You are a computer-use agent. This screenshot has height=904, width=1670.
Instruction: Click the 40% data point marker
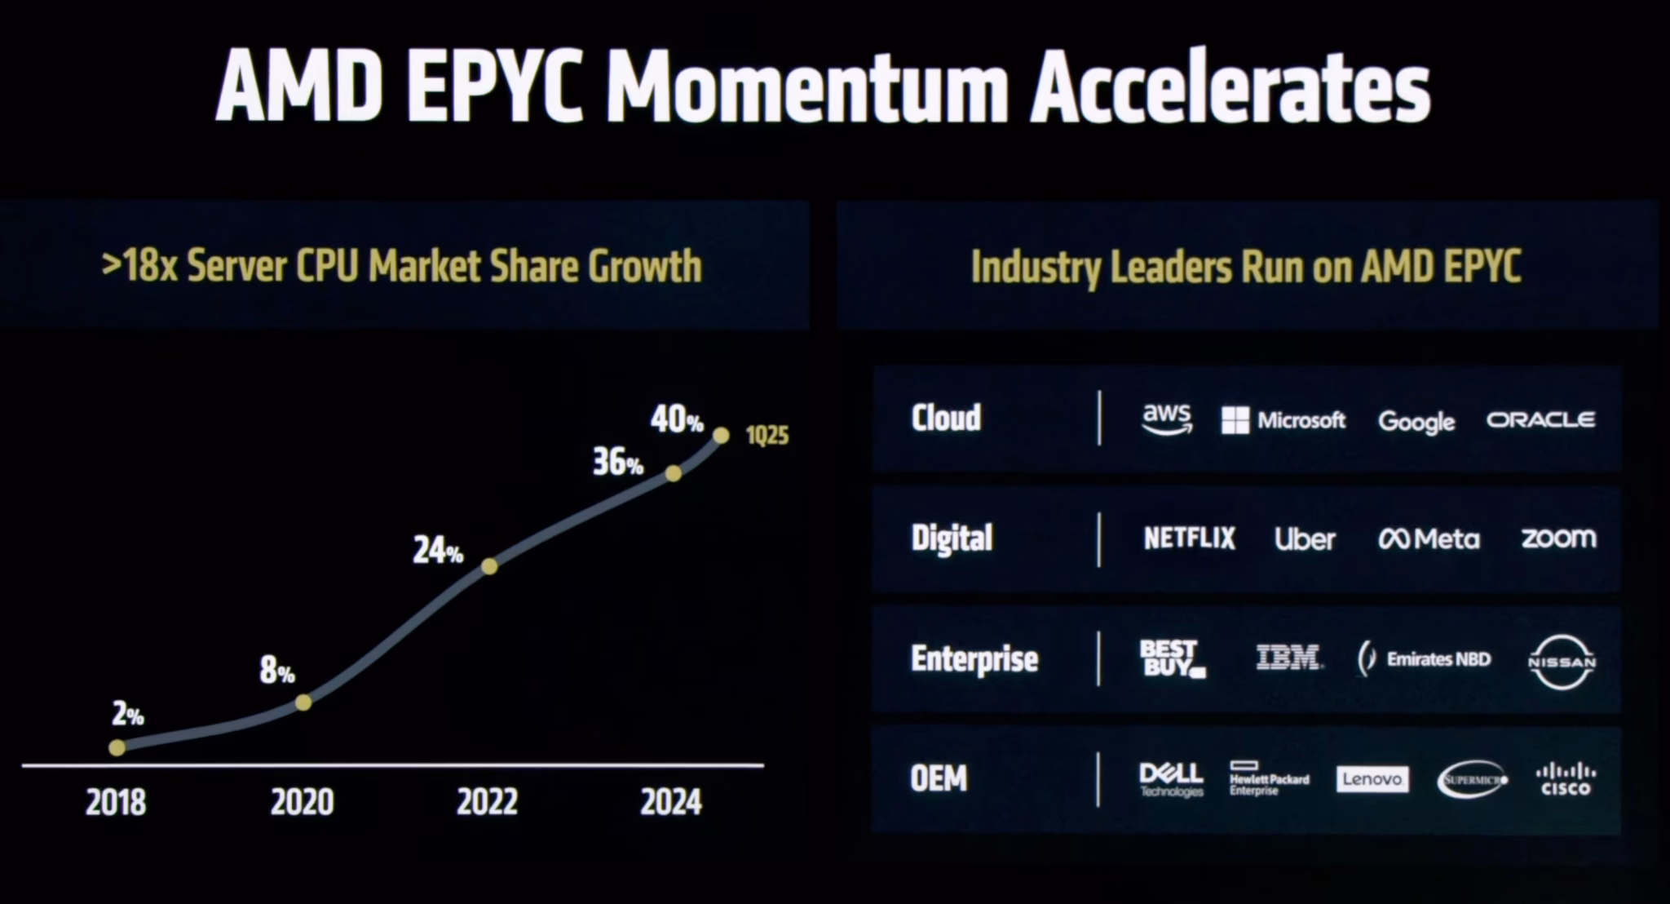pyautogui.click(x=721, y=436)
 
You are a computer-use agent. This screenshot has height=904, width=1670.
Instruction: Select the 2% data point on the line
pyautogui.click(x=117, y=747)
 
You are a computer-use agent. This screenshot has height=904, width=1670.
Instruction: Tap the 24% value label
pyautogui.click(x=438, y=551)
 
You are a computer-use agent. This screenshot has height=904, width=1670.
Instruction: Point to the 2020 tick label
pyautogui.click(x=303, y=803)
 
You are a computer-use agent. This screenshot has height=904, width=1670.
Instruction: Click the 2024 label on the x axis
pyautogui.click(x=671, y=803)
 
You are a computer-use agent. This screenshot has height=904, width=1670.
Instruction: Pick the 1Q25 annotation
pyautogui.click(x=767, y=436)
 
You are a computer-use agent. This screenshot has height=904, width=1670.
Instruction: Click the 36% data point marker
pyautogui.click(x=674, y=473)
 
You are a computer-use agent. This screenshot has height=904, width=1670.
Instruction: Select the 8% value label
pyautogui.click(x=277, y=671)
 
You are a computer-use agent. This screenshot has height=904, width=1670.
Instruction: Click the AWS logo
pyautogui.click(x=1167, y=419)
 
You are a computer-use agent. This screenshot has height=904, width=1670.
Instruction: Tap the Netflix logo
pyautogui.click(x=1190, y=538)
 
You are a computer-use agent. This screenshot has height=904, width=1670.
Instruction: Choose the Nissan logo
pyautogui.click(x=1562, y=662)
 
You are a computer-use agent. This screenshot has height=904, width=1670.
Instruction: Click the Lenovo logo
pyautogui.click(x=1372, y=779)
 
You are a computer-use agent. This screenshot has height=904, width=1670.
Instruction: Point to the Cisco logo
pyautogui.click(x=1566, y=778)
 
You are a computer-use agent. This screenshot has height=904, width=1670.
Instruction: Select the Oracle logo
pyautogui.click(x=1541, y=419)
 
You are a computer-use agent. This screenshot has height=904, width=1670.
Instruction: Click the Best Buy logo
pyautogui.click(x=1173, y=658)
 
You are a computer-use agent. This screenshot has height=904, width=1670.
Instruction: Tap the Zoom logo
pyautogui.click(x=1559, y=538)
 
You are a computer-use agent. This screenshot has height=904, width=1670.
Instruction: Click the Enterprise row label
pyautogui.click(x=974, y=659)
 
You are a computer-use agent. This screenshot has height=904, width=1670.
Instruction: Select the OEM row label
pyautogui.click(x=939, y=778)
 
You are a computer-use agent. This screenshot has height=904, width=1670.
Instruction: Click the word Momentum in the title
pyautogui.click(x=807, y=86)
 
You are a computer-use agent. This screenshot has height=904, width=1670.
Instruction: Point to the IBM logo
pyautogui.click(x=1288, y=658)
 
